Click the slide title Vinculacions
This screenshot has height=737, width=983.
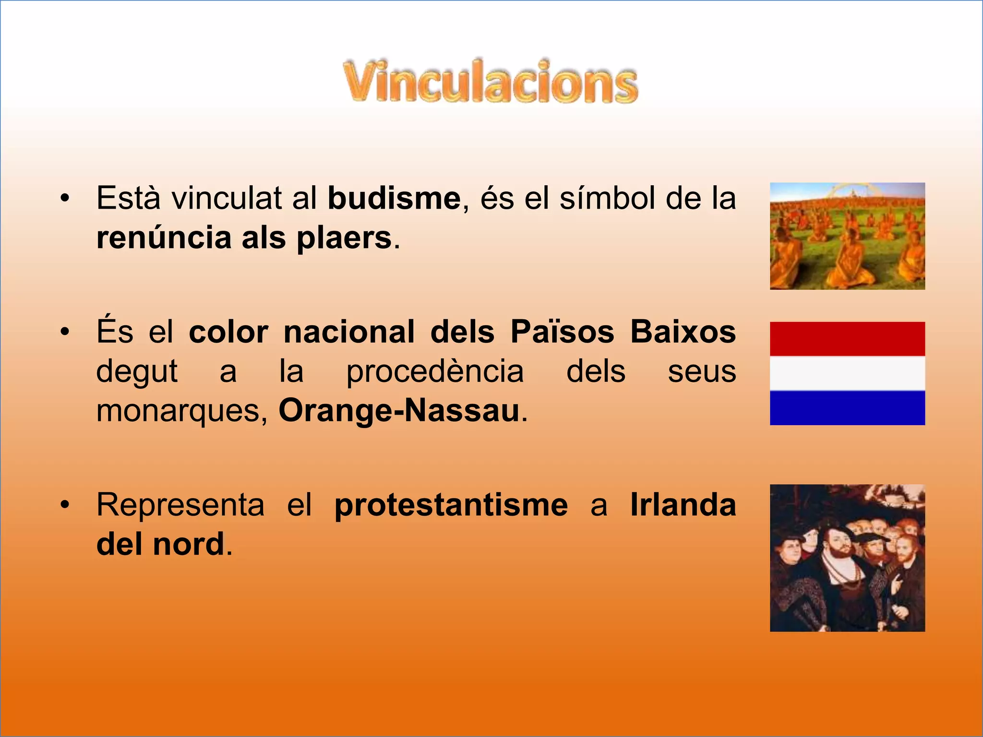491,82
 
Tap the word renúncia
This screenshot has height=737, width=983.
164,238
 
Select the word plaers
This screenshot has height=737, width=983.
344,238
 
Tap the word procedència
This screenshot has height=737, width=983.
435,371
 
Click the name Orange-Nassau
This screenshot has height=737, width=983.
399,411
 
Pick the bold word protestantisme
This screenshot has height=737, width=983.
451,505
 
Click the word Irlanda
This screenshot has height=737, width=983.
683,505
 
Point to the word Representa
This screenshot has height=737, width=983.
180,505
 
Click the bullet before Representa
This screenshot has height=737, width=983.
65,505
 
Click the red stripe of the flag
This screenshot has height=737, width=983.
847,339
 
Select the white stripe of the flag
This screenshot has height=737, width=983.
847,373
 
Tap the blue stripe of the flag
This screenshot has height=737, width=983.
847,408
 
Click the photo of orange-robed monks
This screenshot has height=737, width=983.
847,236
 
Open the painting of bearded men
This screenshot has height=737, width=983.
847,558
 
